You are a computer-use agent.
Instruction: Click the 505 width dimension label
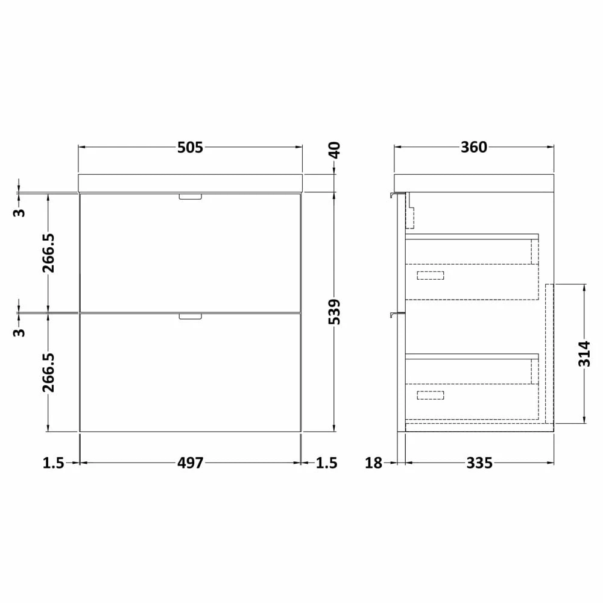click(x=190, y=147)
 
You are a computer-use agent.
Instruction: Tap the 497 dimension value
click(x=190, y=463)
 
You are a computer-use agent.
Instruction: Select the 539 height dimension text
click(x=335, y=312)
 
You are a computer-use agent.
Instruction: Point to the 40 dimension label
click(x=335, y=150)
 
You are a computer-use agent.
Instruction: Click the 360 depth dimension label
click(x=474, y=147)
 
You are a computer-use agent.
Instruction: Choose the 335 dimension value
click(x=479, y=463)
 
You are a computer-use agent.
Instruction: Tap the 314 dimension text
click(x=584, y=354)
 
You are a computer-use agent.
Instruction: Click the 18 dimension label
click(x=373, y=463)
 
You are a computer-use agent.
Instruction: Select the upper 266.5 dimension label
click(x=48, y=253)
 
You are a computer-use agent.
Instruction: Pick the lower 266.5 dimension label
click(x=48, y=373)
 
